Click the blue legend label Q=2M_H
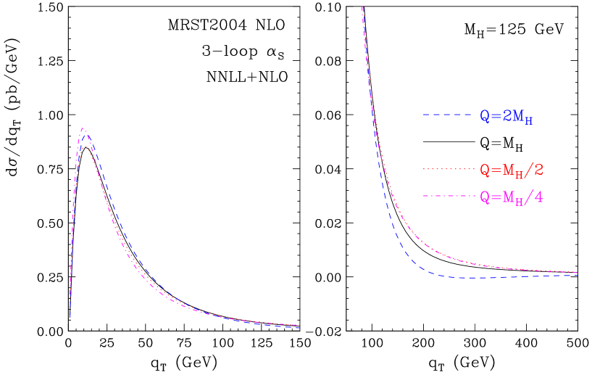click(506, 116)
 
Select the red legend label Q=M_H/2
click(512, 170)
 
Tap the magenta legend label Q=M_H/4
click(512, 197)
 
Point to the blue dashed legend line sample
click(447, 115)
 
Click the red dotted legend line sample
click(447, 169)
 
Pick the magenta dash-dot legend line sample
click(447, 197)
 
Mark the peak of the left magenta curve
click(83, 128)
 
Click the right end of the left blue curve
click(299, 328)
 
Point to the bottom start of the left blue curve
click(70, 318)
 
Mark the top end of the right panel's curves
click(362, 7)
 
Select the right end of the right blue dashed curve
click(578, 276)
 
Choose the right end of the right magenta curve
click(578, 272)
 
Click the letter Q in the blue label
click(484, 116)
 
